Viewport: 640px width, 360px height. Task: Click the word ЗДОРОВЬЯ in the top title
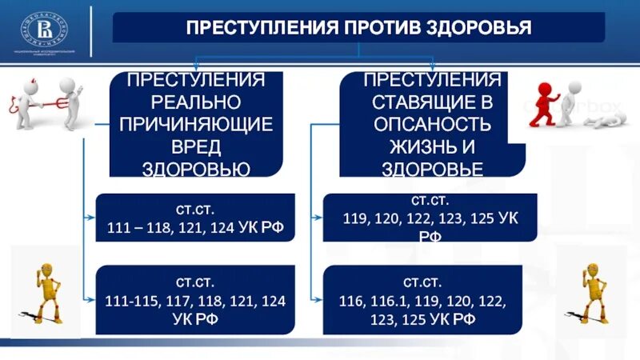(x=486, y=29)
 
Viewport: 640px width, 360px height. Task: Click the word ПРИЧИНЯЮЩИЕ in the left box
(x=197, y=124)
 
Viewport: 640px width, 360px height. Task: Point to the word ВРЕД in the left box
(x=197, y=146)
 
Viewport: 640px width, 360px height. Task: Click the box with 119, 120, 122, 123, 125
(x=421, y=218)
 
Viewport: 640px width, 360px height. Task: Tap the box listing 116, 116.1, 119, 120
(x=421, y=300)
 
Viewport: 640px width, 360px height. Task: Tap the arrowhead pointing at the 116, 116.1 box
(x=318, y=299)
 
